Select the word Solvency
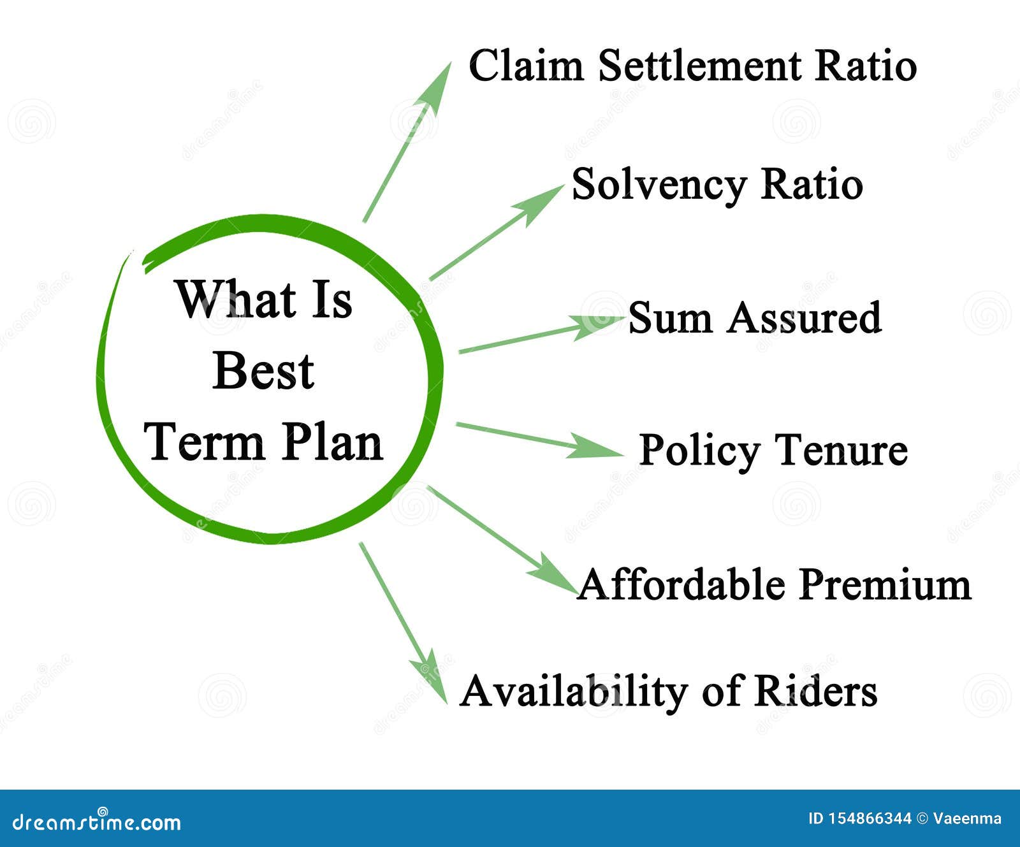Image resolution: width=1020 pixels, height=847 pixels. click(x=659, y=185)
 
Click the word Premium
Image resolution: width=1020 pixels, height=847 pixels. click(x=885, y=584)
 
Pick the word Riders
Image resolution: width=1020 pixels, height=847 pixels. click(x=815, y=691)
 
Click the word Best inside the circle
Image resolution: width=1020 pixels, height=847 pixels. click(x=263, y=371)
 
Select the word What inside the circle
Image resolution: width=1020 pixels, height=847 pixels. click(x=229, y=299)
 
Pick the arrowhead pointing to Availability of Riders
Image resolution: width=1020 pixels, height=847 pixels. click(x=433, y=679)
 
